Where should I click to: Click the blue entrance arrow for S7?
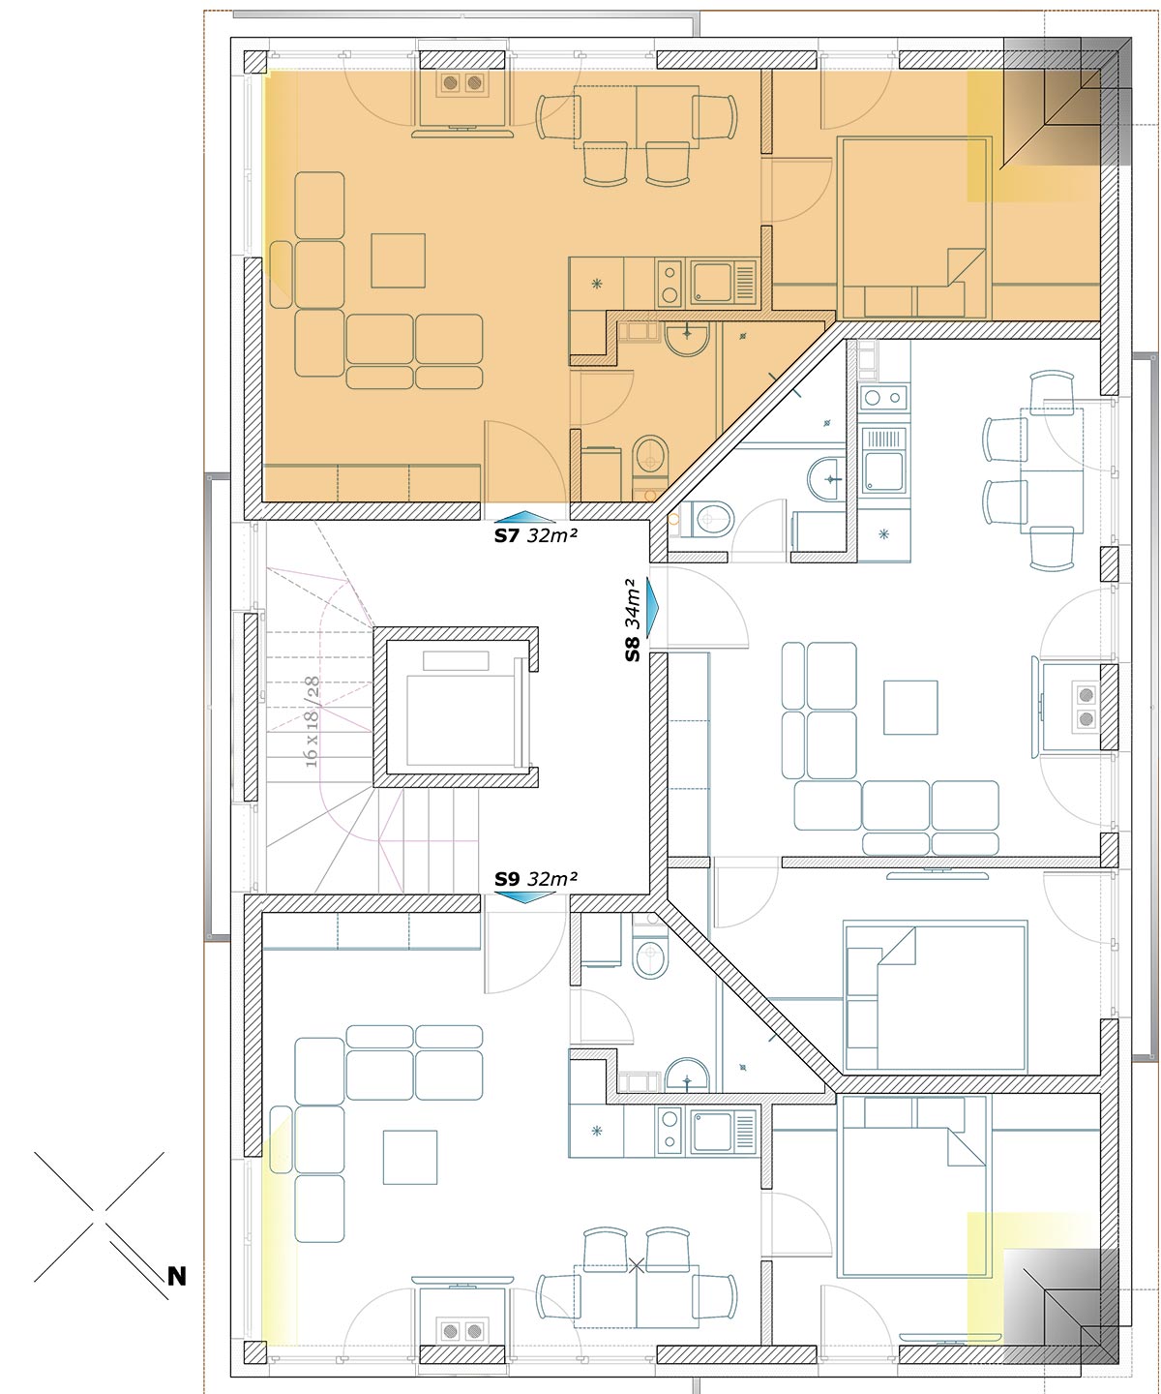tap(525, 517)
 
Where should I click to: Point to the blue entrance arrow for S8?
tap(652, 607)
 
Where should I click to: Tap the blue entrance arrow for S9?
tap(525, 897)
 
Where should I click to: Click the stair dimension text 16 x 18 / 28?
tap(311, 722)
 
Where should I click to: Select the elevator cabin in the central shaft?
tap(461, 720)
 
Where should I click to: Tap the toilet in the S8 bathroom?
tap(711, 519)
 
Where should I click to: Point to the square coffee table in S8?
tap(910, 708)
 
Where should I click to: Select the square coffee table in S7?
tap(399, 260)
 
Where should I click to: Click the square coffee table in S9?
tap(410, 1157)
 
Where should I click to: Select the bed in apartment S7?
tap(913, 227)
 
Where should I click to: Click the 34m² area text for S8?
tap(633, 605)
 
